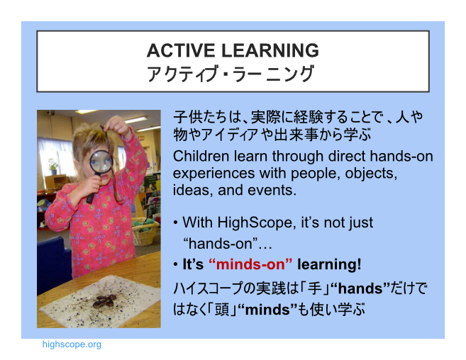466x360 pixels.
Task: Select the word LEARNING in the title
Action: coord(270,50)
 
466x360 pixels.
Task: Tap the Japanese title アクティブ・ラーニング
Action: coord(231,74)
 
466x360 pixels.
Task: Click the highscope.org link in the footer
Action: coord(72,344)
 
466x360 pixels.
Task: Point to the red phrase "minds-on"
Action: coord(250,264)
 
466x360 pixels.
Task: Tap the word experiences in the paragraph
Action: coord(213,174)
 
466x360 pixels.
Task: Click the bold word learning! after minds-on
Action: coord(329,264)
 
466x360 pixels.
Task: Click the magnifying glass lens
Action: coord(101,162)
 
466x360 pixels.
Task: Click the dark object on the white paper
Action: coord(104,301)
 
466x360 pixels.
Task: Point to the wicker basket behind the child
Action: coord(145,232)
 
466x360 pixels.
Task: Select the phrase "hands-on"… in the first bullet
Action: coord(228,244)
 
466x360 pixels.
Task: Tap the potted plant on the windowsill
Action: coord(53,167)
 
